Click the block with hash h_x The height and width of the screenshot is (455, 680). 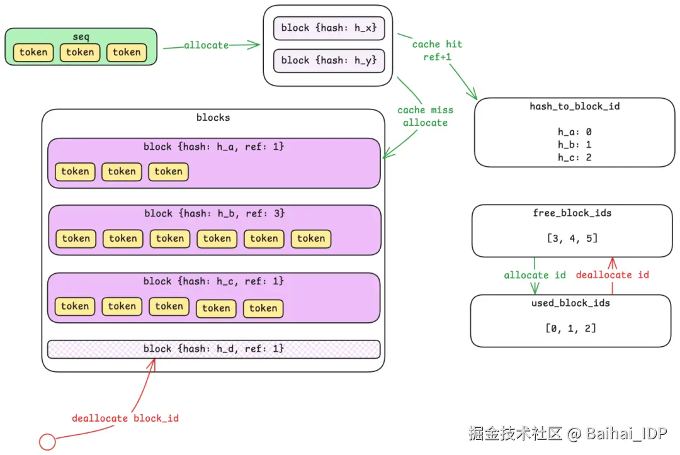(329, 28)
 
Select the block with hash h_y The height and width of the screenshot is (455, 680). (329, 60)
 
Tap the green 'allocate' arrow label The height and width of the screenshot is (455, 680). (206, 45)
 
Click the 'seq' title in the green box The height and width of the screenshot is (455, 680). (81, 37)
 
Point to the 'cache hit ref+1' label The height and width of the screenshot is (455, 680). (437, 50)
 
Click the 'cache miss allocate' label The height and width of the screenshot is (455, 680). (425, 116)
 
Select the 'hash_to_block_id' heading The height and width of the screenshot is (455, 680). (575, 106)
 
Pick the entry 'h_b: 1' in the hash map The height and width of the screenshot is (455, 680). (575, 144)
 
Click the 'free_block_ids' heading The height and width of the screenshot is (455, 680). (572, 213)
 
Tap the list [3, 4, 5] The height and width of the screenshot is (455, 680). (572, 239)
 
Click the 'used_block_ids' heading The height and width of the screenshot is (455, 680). (570, 303)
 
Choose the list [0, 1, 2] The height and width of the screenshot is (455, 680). (570, 329)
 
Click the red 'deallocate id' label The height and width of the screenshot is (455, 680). (613, 275)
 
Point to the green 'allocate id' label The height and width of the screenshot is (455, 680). (535, 275)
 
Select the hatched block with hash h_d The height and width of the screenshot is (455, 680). (214, 349)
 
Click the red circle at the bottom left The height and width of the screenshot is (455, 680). (47, 442)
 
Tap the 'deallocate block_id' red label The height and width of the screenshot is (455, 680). (125, 418)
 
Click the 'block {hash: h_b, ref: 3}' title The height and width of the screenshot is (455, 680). (214, 213)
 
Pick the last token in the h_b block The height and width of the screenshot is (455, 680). (311, 239)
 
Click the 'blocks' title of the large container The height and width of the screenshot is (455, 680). (213, 118)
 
